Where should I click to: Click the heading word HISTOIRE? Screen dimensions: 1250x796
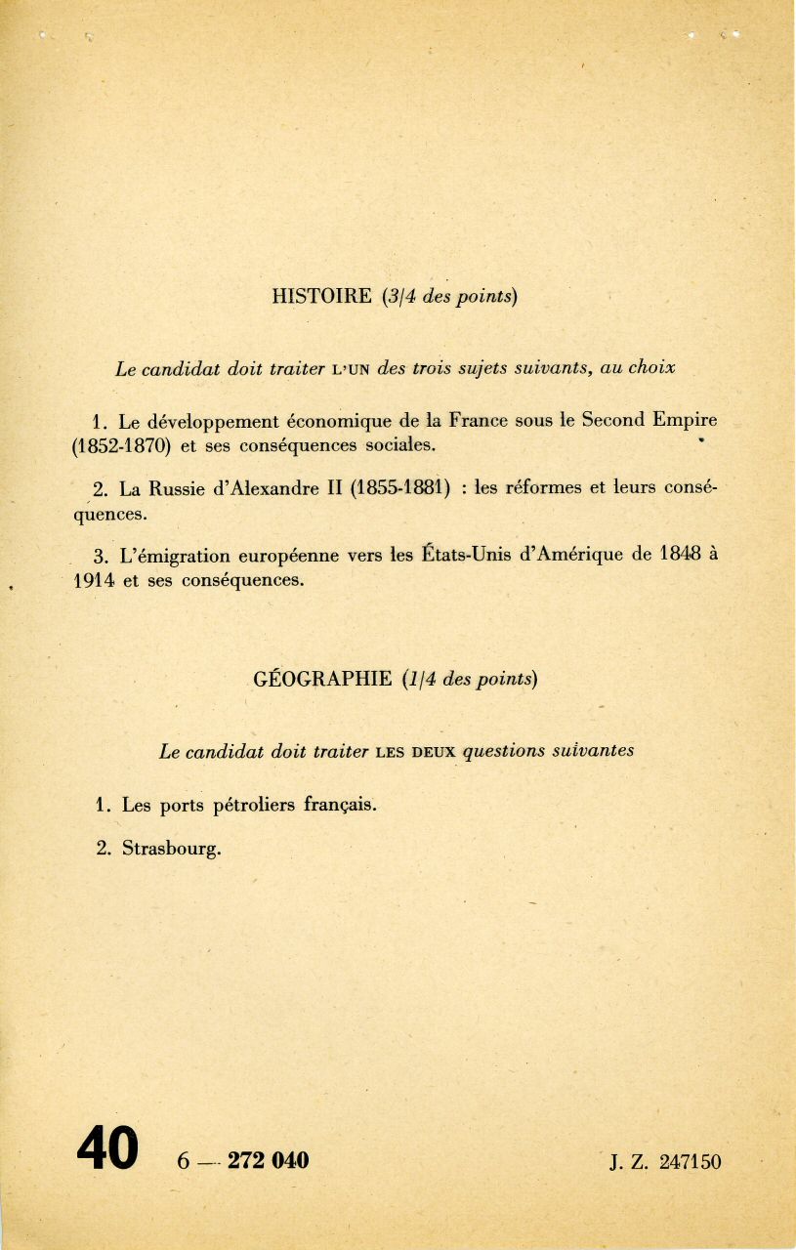click(x=321, y=297)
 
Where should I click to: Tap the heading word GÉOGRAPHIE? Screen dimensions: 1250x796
click(x=322, y=679)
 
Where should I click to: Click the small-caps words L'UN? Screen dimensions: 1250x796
click(x=351, y=369)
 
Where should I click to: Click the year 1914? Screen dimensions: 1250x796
click(x=95, y=580)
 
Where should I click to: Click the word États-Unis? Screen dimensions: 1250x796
click(x=473, y=556)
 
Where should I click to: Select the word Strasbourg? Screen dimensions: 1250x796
click(x=172, y=849)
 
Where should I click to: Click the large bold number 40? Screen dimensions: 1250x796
click(x=107, y=1148)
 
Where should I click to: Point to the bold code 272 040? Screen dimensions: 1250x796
click(x=268, y=1160)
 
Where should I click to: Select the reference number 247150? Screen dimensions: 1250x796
click(x=690, y=1162)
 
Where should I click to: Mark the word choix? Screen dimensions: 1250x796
click(x=651, y=369)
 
